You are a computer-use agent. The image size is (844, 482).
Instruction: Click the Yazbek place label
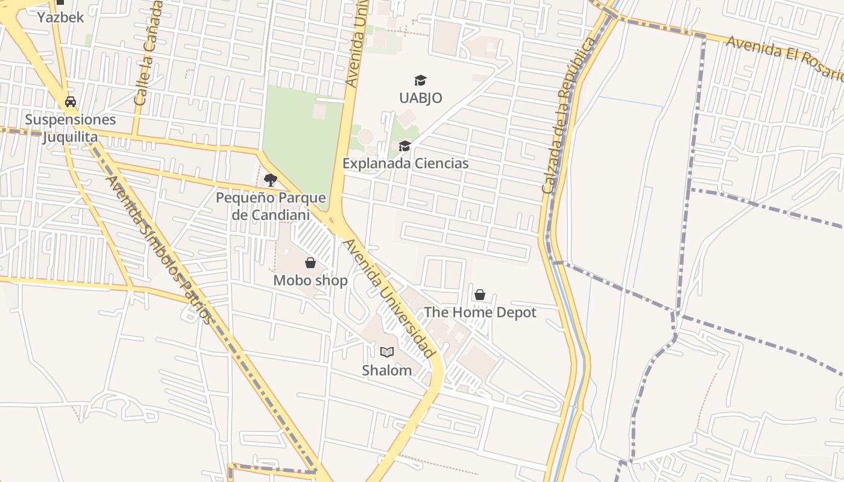[60, 17]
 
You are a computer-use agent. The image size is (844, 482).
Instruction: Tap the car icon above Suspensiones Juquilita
[71, 101]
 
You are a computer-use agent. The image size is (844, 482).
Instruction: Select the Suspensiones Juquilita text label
[70, 128]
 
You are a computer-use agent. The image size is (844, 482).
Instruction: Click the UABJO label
[420, 98]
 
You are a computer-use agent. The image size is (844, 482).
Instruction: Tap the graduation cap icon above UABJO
[420, 80]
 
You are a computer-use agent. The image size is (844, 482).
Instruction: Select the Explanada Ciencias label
[405, 163]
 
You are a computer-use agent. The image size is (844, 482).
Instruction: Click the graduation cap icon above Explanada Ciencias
[405, 146]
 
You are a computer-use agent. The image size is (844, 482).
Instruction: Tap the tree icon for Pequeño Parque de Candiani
[271, 180]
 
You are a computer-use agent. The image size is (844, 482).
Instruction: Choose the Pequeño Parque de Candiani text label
[271, 206]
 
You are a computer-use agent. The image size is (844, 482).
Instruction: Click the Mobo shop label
[310, 280]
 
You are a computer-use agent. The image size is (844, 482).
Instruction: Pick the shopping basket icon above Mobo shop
[310, 263]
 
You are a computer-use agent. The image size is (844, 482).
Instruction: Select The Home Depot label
[480, 312]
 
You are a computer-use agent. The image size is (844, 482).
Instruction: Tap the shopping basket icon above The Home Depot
[480, 295]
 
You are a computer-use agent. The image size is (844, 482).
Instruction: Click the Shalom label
[387, 370]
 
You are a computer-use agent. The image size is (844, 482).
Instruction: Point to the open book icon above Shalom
[387, 352]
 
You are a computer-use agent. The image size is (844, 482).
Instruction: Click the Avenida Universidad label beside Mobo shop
[388, 298]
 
